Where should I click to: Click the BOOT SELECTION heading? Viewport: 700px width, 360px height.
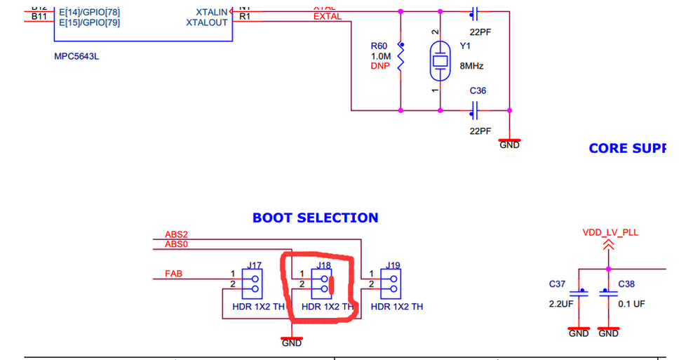tap(315, 218)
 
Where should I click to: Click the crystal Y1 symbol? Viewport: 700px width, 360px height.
tap(440, 61)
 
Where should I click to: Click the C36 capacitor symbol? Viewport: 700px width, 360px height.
tap(476, 109)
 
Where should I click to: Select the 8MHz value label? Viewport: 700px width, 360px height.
tap(472, 66)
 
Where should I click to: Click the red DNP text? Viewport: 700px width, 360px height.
tap(381, 66)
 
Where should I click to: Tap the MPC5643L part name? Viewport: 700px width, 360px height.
tap(76, 57)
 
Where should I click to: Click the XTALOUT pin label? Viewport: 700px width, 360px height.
tap(207, 22)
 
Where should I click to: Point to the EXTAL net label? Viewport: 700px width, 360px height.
tap(327, 16)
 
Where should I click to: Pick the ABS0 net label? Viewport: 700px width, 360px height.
tap(176, 244)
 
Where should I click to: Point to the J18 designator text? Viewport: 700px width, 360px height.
tap(323, 265)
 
